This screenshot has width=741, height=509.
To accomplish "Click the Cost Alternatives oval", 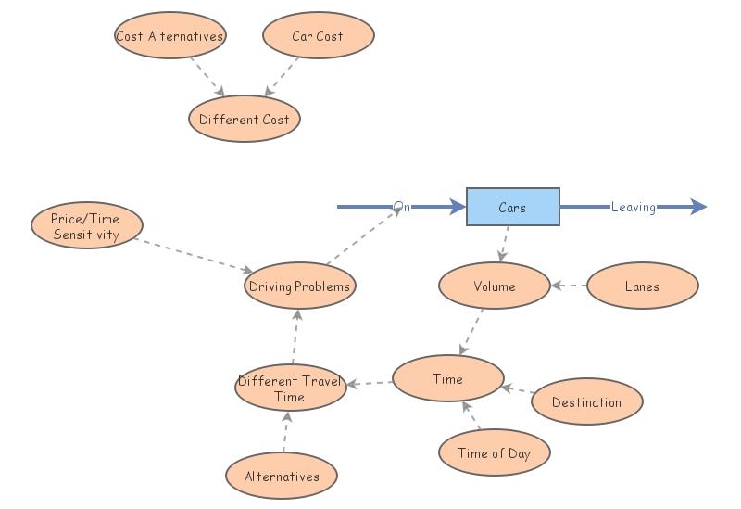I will coord(170,36).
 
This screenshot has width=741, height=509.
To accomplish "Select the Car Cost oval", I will coord(318,36).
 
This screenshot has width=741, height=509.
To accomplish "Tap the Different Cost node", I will coord(244,120).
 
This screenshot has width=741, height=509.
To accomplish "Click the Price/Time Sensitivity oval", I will coord(86,227).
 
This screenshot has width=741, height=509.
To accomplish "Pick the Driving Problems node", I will coord(299,286).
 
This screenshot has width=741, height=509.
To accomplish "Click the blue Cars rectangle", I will coord(512,207).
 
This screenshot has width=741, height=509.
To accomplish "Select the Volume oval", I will coord(494,286).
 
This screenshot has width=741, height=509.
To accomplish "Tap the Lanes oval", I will coord(642,286).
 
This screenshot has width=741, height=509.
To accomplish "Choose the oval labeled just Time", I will coord(447,379).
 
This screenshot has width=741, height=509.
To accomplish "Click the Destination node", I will coord(586,402).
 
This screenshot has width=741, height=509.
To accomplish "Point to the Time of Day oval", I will coord(494,453).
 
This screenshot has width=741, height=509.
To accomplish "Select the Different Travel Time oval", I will coord(290,388).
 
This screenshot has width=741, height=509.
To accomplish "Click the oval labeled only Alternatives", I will coord(281,477).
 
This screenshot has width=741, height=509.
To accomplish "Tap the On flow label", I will coord(401,207).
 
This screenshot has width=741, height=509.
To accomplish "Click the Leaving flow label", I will coord(633,207).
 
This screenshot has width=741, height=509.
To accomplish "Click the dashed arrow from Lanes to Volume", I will coord(570,286).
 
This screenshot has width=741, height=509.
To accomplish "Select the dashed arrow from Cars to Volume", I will coord(504,244).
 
